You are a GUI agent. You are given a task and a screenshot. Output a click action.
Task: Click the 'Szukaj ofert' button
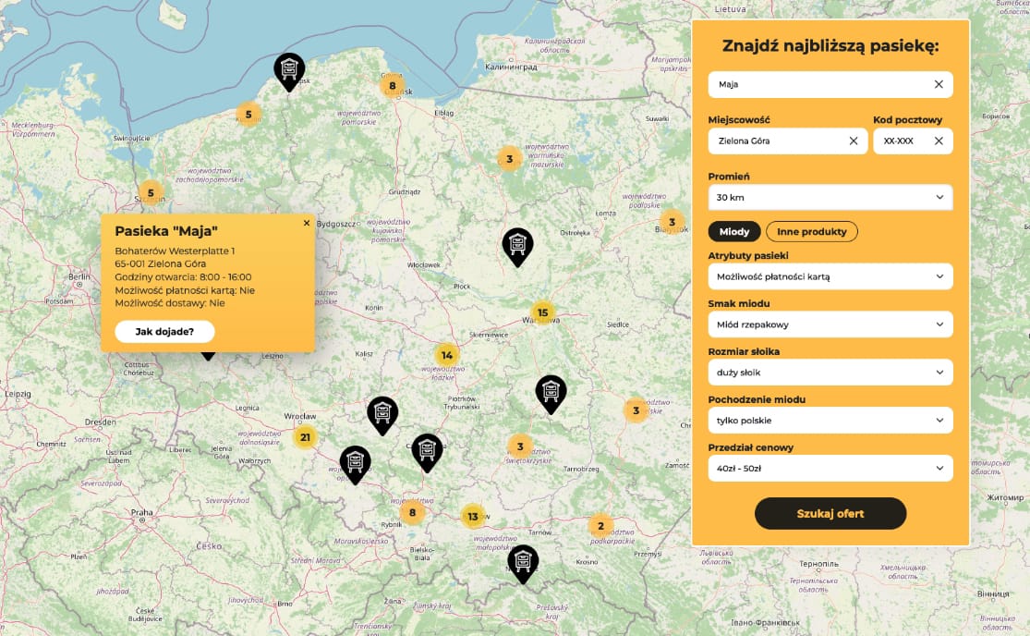pos(830,513)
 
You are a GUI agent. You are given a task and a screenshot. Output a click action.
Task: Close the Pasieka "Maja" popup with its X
pos(307,223)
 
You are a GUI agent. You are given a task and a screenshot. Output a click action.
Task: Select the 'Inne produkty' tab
pos(811,231)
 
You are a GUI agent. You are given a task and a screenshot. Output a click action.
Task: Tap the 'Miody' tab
pos(734,231)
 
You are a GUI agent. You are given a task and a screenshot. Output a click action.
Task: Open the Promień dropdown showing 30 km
pos(830,197)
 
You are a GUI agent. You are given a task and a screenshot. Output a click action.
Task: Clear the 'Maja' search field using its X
pos(939,84)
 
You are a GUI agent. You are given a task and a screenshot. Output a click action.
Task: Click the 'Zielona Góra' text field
pos(776,141)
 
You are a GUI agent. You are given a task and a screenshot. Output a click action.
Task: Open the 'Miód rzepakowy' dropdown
pos(830,324)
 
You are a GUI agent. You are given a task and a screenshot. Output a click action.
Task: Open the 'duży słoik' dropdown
pos(830,373)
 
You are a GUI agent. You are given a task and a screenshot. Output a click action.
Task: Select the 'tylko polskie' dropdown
pos(830,421)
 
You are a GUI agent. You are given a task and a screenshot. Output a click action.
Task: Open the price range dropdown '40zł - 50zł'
pos(830,469)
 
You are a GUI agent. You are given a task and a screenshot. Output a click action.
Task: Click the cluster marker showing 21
pos(305,437)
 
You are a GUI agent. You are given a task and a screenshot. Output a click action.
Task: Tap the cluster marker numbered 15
pos(542,312)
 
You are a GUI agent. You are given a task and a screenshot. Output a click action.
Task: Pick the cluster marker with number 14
pos(447,355)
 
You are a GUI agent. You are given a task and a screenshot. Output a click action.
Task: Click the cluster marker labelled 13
pos(473,517)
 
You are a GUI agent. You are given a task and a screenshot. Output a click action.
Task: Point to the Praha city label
pos(141,512)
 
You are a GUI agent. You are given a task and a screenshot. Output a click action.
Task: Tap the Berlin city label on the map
pos(77,276)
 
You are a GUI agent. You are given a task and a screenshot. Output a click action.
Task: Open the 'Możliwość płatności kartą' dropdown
pos(830,276)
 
